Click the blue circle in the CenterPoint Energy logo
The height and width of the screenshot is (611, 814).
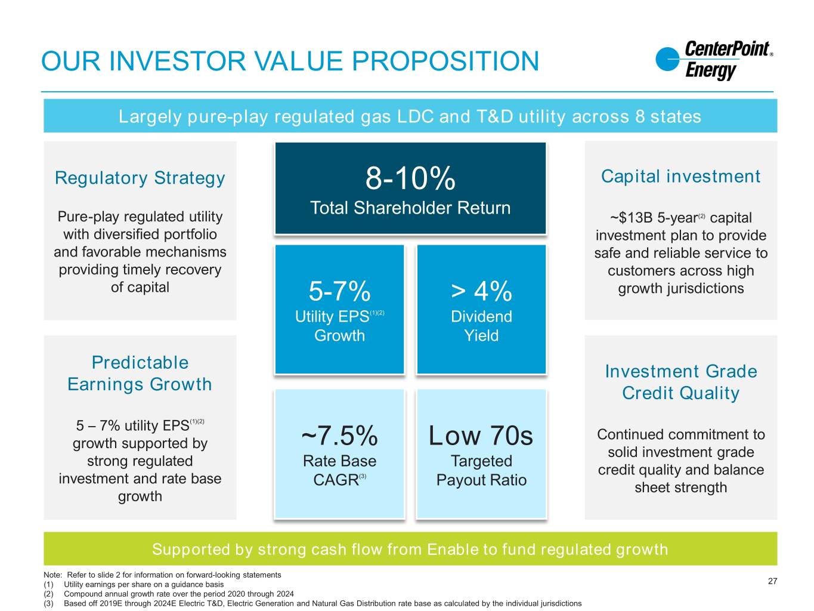667,59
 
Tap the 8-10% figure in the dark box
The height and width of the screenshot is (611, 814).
410,178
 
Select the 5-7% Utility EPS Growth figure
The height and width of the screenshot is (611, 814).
339,291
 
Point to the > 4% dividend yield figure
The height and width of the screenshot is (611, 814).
481,291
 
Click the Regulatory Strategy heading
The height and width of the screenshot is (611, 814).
140,178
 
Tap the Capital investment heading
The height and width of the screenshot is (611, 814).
680,176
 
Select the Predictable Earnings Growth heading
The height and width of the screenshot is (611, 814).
140,373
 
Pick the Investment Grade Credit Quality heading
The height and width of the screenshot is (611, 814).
681,382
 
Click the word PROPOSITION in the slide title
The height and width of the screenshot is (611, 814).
445,61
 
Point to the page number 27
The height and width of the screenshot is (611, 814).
772,581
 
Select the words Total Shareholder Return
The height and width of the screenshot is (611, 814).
410,208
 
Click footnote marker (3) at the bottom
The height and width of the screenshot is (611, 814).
48,604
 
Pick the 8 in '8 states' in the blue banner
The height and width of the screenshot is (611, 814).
640,116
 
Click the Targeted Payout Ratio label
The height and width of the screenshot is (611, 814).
481,470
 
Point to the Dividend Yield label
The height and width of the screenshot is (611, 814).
481,326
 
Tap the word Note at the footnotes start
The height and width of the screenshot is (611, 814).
52,575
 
